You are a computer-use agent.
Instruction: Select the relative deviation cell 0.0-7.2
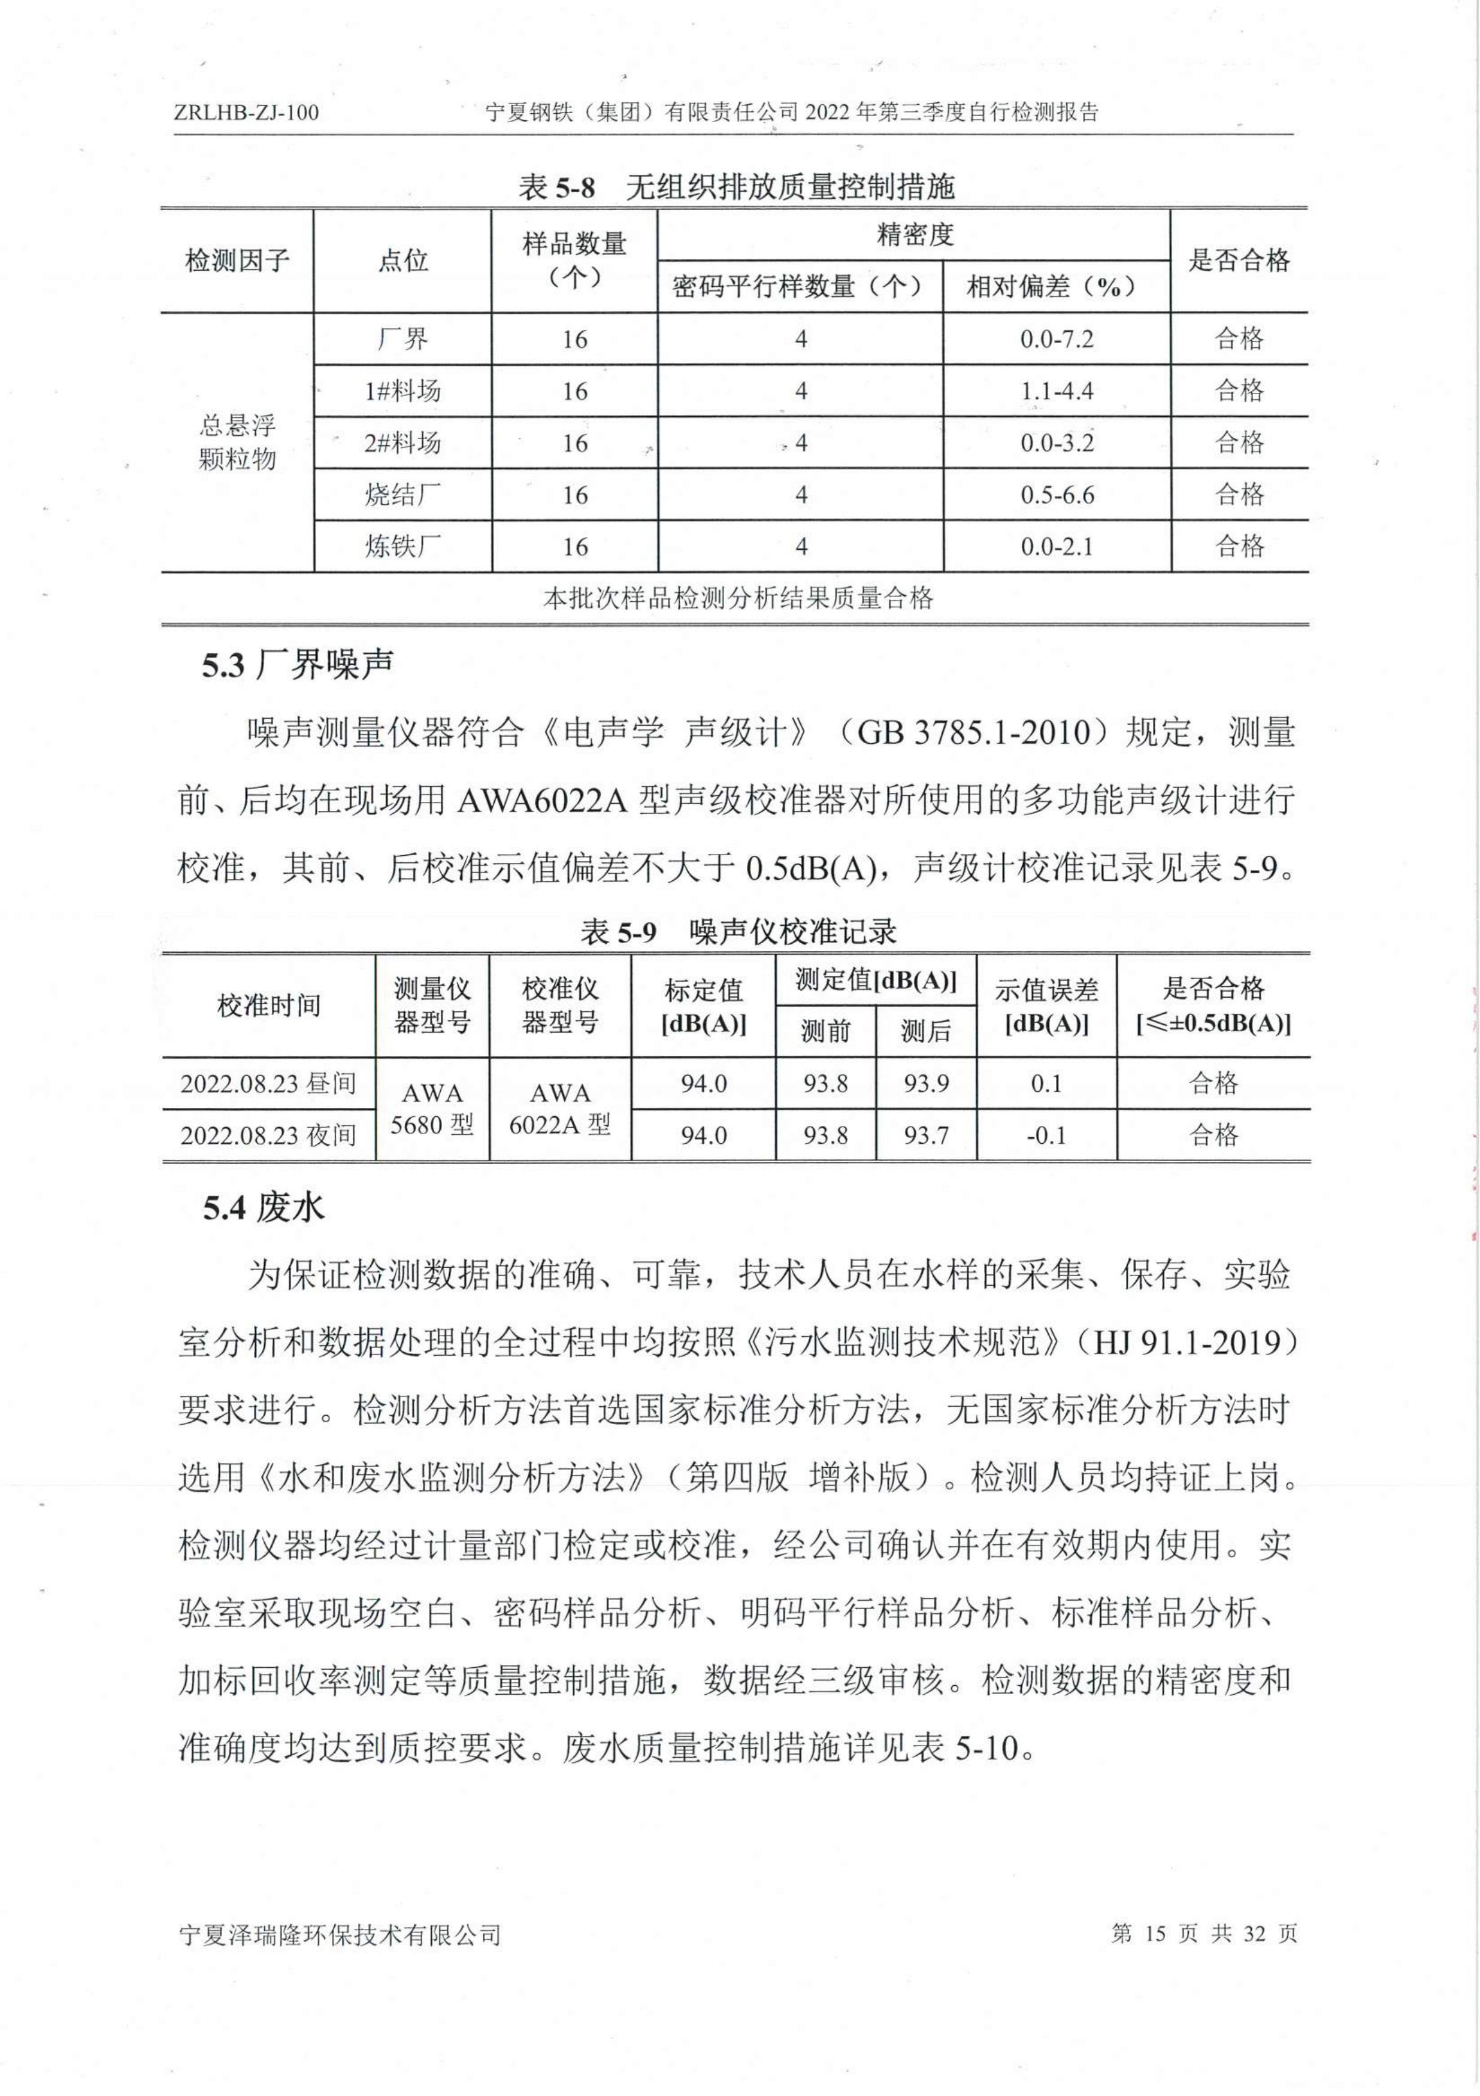[1057, 340]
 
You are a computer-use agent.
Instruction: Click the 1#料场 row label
[402, 392]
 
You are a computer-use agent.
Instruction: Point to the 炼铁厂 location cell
[402, 547]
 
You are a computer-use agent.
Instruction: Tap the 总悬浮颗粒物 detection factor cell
[237, 443]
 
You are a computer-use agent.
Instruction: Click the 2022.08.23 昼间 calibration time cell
[268, 1083]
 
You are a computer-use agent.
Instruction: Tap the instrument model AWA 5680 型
[432, 1109]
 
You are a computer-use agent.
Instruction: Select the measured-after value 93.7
[926, 1135]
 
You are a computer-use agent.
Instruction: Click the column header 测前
[825, 1032]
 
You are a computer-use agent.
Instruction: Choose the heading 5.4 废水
[263, 1208]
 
